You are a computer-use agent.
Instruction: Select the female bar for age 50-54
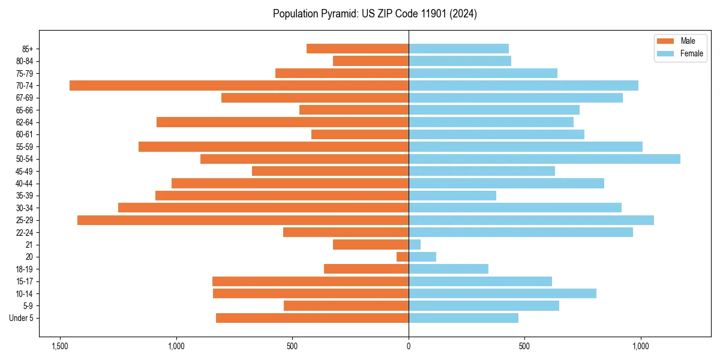(544, 159)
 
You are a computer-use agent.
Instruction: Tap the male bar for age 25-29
(243, 220)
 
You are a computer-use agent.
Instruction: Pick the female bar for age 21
(415, 245)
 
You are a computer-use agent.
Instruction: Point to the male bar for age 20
(403, 257)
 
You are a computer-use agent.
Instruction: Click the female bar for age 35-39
(452, 196)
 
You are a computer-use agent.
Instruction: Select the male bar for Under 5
(312, 318)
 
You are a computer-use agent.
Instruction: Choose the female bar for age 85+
(458, 49)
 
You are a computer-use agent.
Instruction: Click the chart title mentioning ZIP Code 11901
(374, 14)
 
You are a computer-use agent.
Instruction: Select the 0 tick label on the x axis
(409, 347)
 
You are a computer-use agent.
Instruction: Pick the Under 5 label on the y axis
(22, 318)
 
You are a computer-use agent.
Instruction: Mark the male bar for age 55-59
(274, 147)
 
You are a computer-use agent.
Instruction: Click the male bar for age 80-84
(371, 61)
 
